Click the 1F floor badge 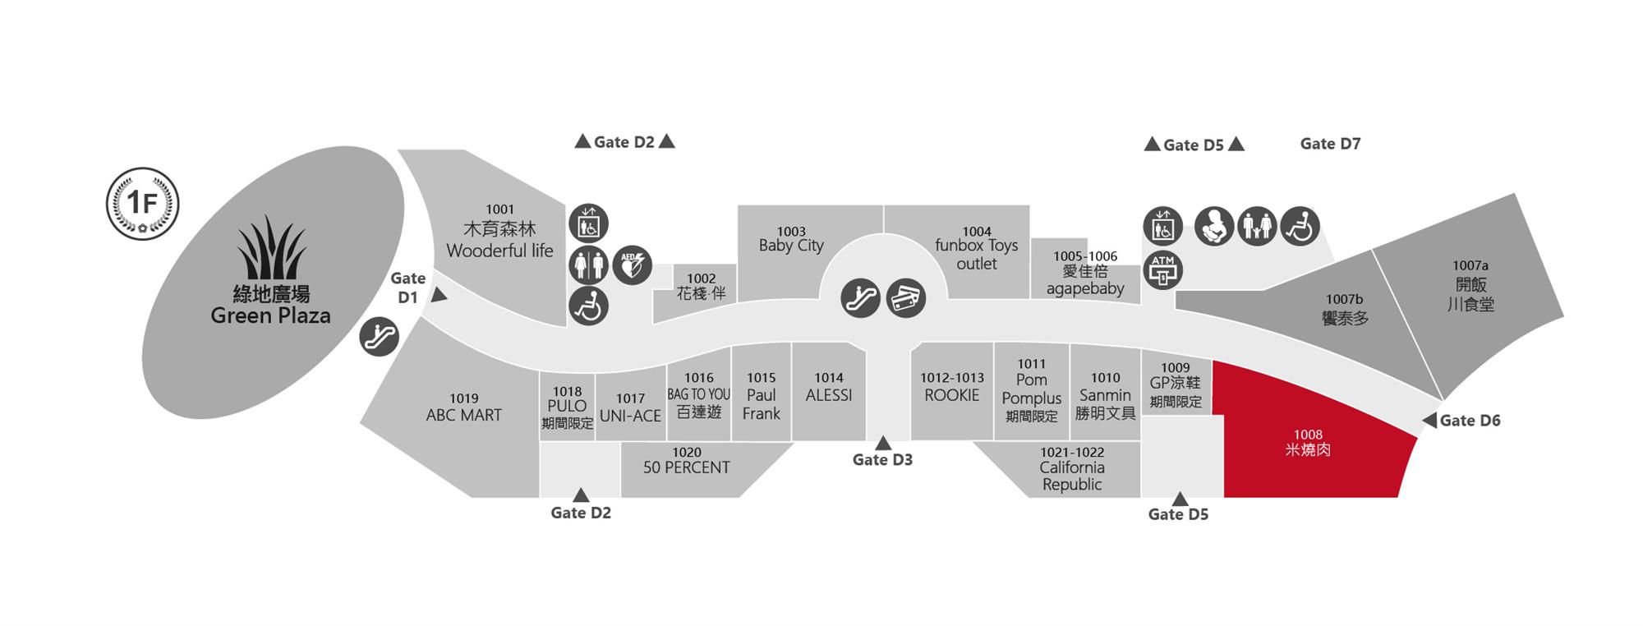[143, 204]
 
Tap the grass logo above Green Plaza [272, 248]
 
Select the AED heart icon [632, 265]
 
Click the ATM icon [1163, 269]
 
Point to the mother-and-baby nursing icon [1214, 226]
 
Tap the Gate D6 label [1470, 421]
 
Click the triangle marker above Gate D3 [883, 444]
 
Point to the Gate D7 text [1330, 144]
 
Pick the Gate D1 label [408, 288]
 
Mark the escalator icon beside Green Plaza [380, 336]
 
